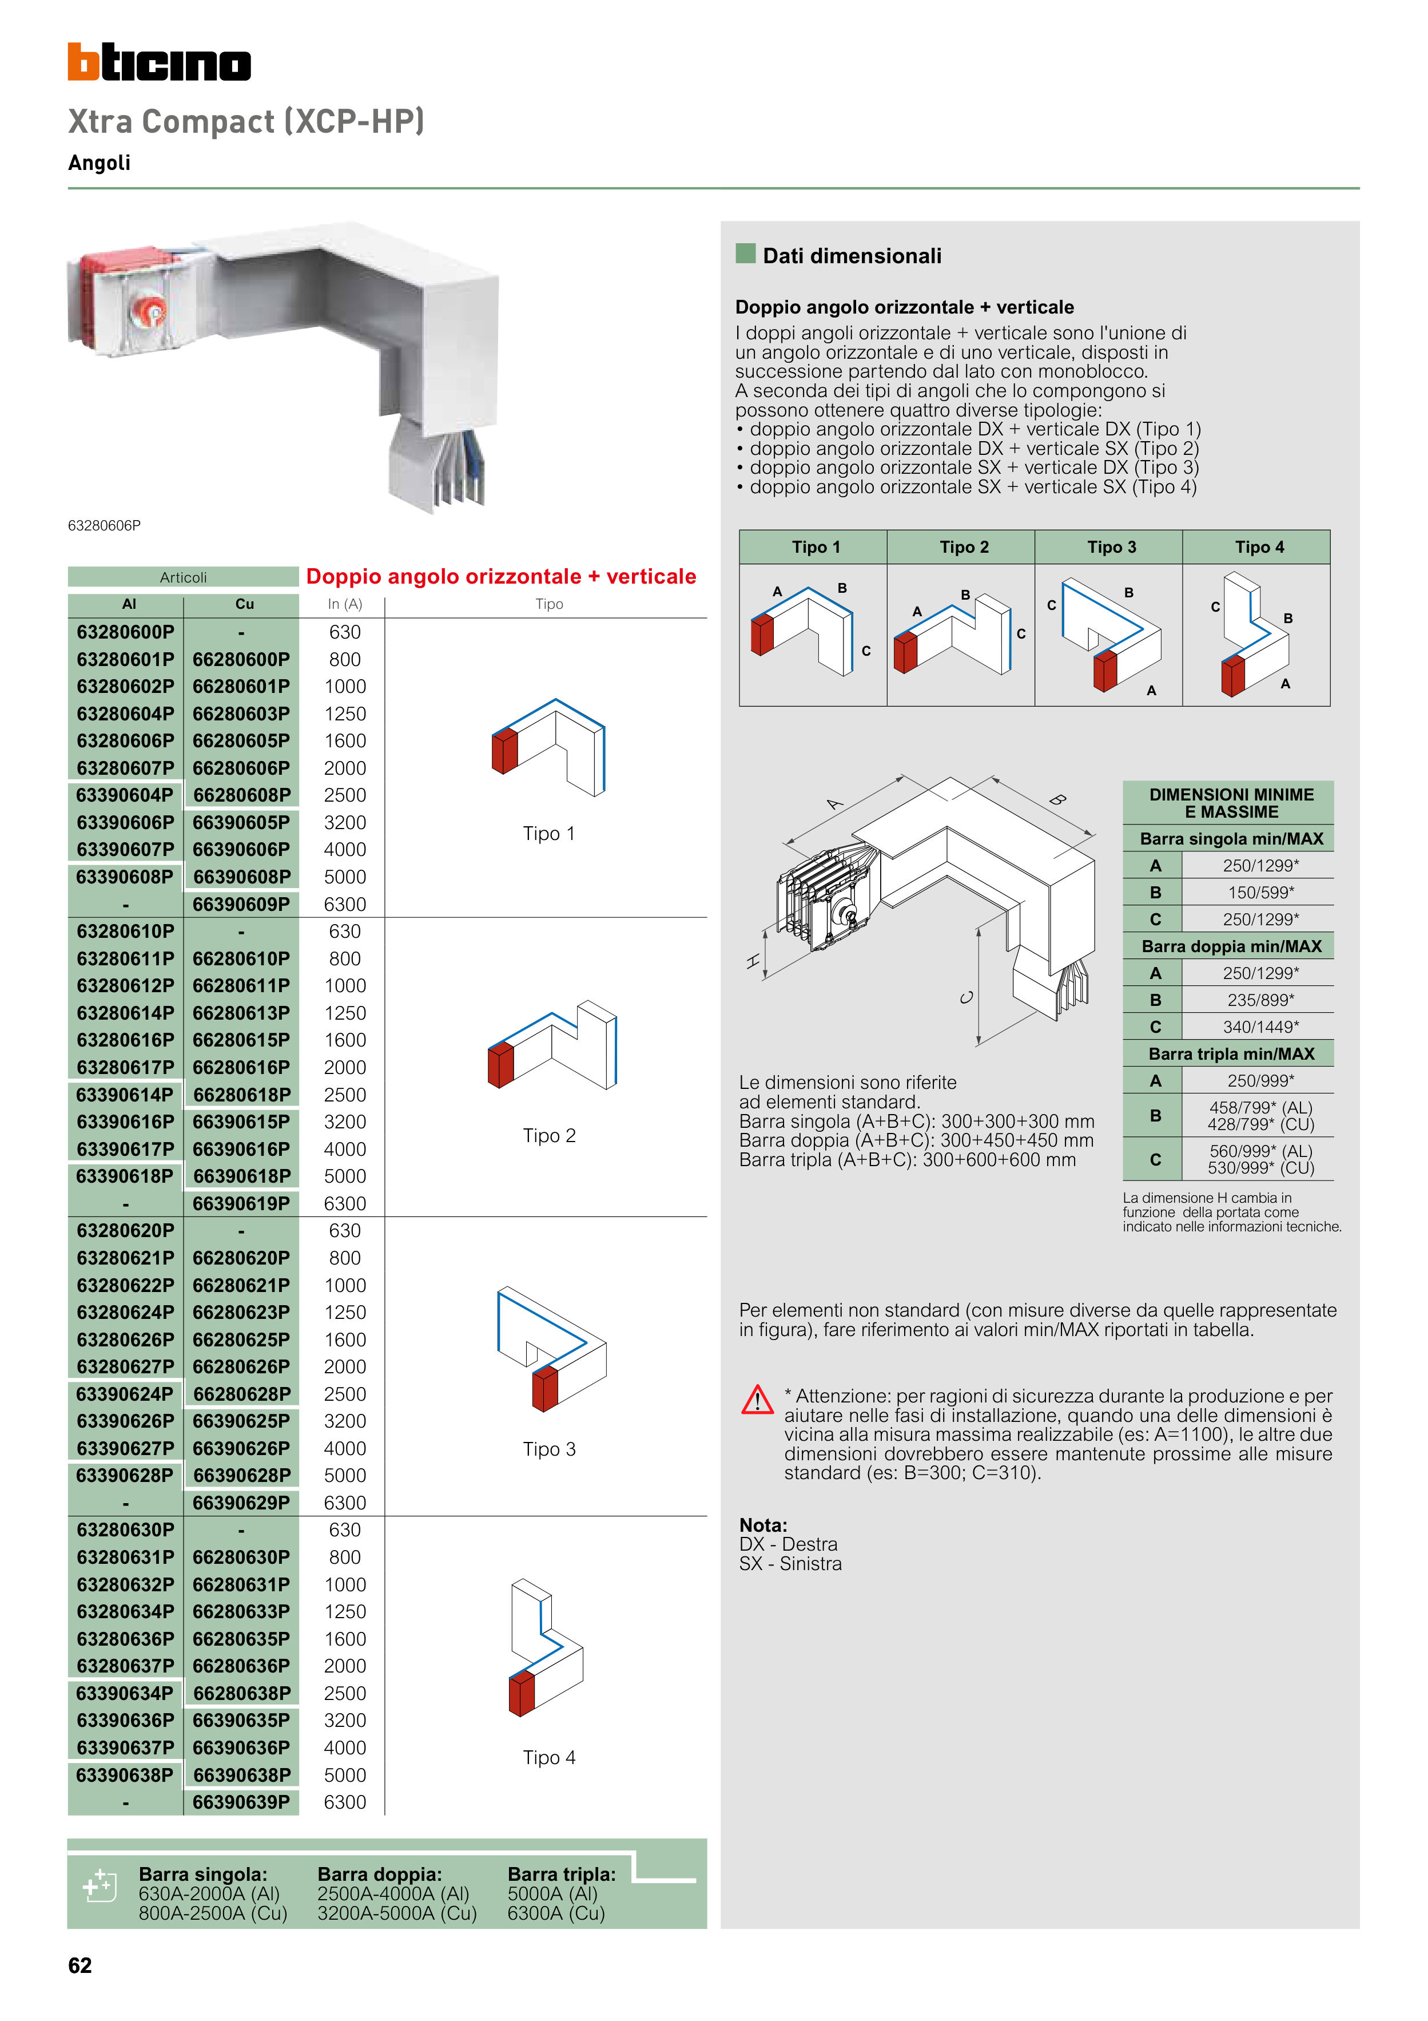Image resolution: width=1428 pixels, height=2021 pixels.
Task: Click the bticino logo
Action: pyautogui.click(x=159, y=62)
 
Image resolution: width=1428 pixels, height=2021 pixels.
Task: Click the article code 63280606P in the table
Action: pyautogui.click(x=125, y=741)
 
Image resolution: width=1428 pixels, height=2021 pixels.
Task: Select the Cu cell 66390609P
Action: pyautogui.click(x=241, y=904)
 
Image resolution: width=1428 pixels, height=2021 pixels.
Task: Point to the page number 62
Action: pyautogui.click(x=80, y=1965)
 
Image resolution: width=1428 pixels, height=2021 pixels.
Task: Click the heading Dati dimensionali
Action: pyautogui.click(x=851, y=256)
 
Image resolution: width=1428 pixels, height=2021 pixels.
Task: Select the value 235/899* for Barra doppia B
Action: pyautogui.click(x=1260, y=1000)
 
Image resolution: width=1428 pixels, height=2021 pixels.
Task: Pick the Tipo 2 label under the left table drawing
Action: pyautogui.click(x=549, y=1135)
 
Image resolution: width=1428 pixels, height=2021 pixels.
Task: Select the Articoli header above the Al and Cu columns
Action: pyautogui.click(x=183, y=577)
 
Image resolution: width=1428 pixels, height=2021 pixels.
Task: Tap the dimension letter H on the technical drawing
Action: pyautogui.click(x=753, y=961)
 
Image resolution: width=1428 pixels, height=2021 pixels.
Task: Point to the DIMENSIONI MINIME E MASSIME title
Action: pyautogui.click(x=1230, y=803)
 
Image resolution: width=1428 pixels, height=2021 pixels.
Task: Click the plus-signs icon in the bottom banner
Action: pyautogui.click(x=98, y=1885)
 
